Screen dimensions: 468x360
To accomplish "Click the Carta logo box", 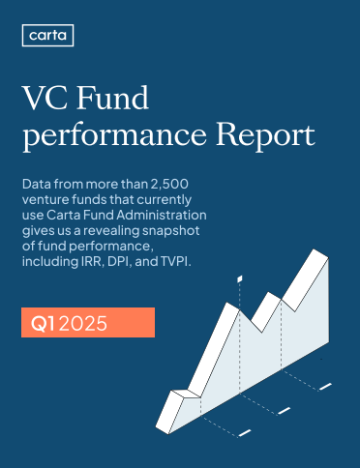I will pyautogui.click(x=46, y=37).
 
